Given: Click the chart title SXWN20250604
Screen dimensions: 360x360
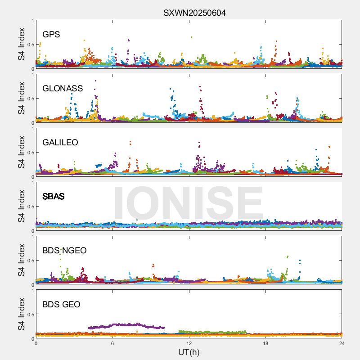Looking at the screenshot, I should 194,13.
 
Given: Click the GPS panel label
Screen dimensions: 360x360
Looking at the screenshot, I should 51,35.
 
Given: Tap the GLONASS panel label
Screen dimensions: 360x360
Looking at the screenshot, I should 63,89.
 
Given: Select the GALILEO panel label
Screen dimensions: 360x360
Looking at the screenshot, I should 60,143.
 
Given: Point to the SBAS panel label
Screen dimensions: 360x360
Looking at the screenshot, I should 54,197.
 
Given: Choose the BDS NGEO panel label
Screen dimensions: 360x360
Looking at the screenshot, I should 64,251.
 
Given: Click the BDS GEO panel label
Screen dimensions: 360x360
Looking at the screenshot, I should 61,305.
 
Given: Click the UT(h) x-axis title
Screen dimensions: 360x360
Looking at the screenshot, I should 189,352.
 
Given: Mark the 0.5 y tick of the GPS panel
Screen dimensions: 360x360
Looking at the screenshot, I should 29,45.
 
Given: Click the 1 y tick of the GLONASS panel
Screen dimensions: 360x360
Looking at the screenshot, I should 32,75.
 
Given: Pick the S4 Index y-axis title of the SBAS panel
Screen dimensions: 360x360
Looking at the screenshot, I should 22,206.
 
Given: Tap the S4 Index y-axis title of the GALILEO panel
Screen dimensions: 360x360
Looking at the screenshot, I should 22,152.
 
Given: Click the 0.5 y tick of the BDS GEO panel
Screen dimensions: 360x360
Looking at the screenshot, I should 29,315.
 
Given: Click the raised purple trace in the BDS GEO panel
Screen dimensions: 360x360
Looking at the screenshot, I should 126,324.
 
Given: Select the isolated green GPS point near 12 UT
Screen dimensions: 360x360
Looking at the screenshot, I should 192,37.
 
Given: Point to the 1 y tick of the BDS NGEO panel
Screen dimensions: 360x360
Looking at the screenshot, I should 32,237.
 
